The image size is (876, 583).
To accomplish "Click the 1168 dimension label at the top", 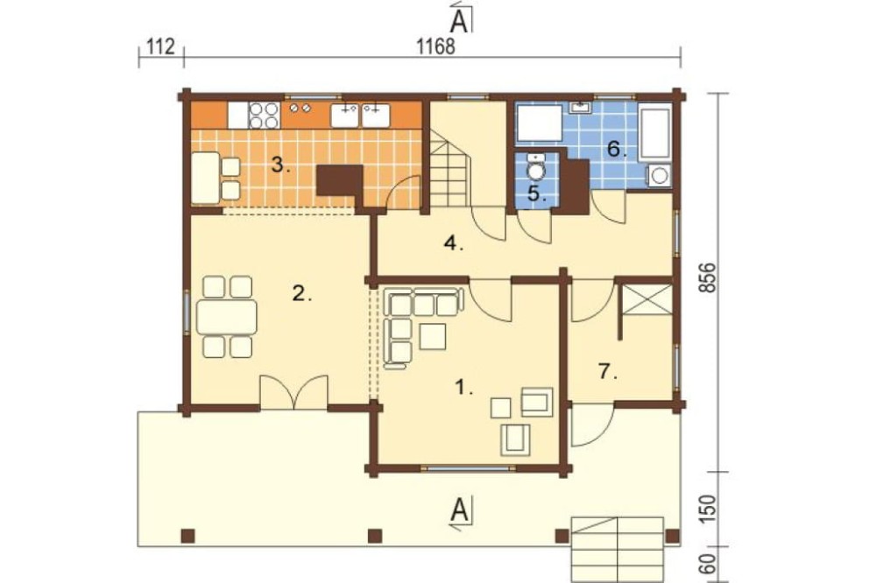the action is [x=436, y=46].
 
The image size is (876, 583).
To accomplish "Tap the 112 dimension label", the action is [x=161, y=46].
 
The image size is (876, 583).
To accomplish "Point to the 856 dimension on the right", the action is [x=707, y=278].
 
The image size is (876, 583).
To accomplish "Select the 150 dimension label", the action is [x=707, y=509].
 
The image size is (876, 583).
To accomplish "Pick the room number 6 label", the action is [x=616, y=149].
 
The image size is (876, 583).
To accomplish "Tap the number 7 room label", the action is [x=607, y=371].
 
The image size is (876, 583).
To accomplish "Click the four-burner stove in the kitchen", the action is [x=264, y=116].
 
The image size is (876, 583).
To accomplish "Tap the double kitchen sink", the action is [x=360, y=115].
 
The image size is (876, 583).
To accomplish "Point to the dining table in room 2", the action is [x=227, y=317].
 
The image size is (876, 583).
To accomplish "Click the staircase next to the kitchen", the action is [x=449, y=172].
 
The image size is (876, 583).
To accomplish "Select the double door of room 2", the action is [x=293, y=392].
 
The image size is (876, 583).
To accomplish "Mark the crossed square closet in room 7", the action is [x=647, y=300].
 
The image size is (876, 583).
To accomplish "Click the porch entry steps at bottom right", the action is [x=617, y=549].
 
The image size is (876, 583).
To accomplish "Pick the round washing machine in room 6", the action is [x=660, y=175].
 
